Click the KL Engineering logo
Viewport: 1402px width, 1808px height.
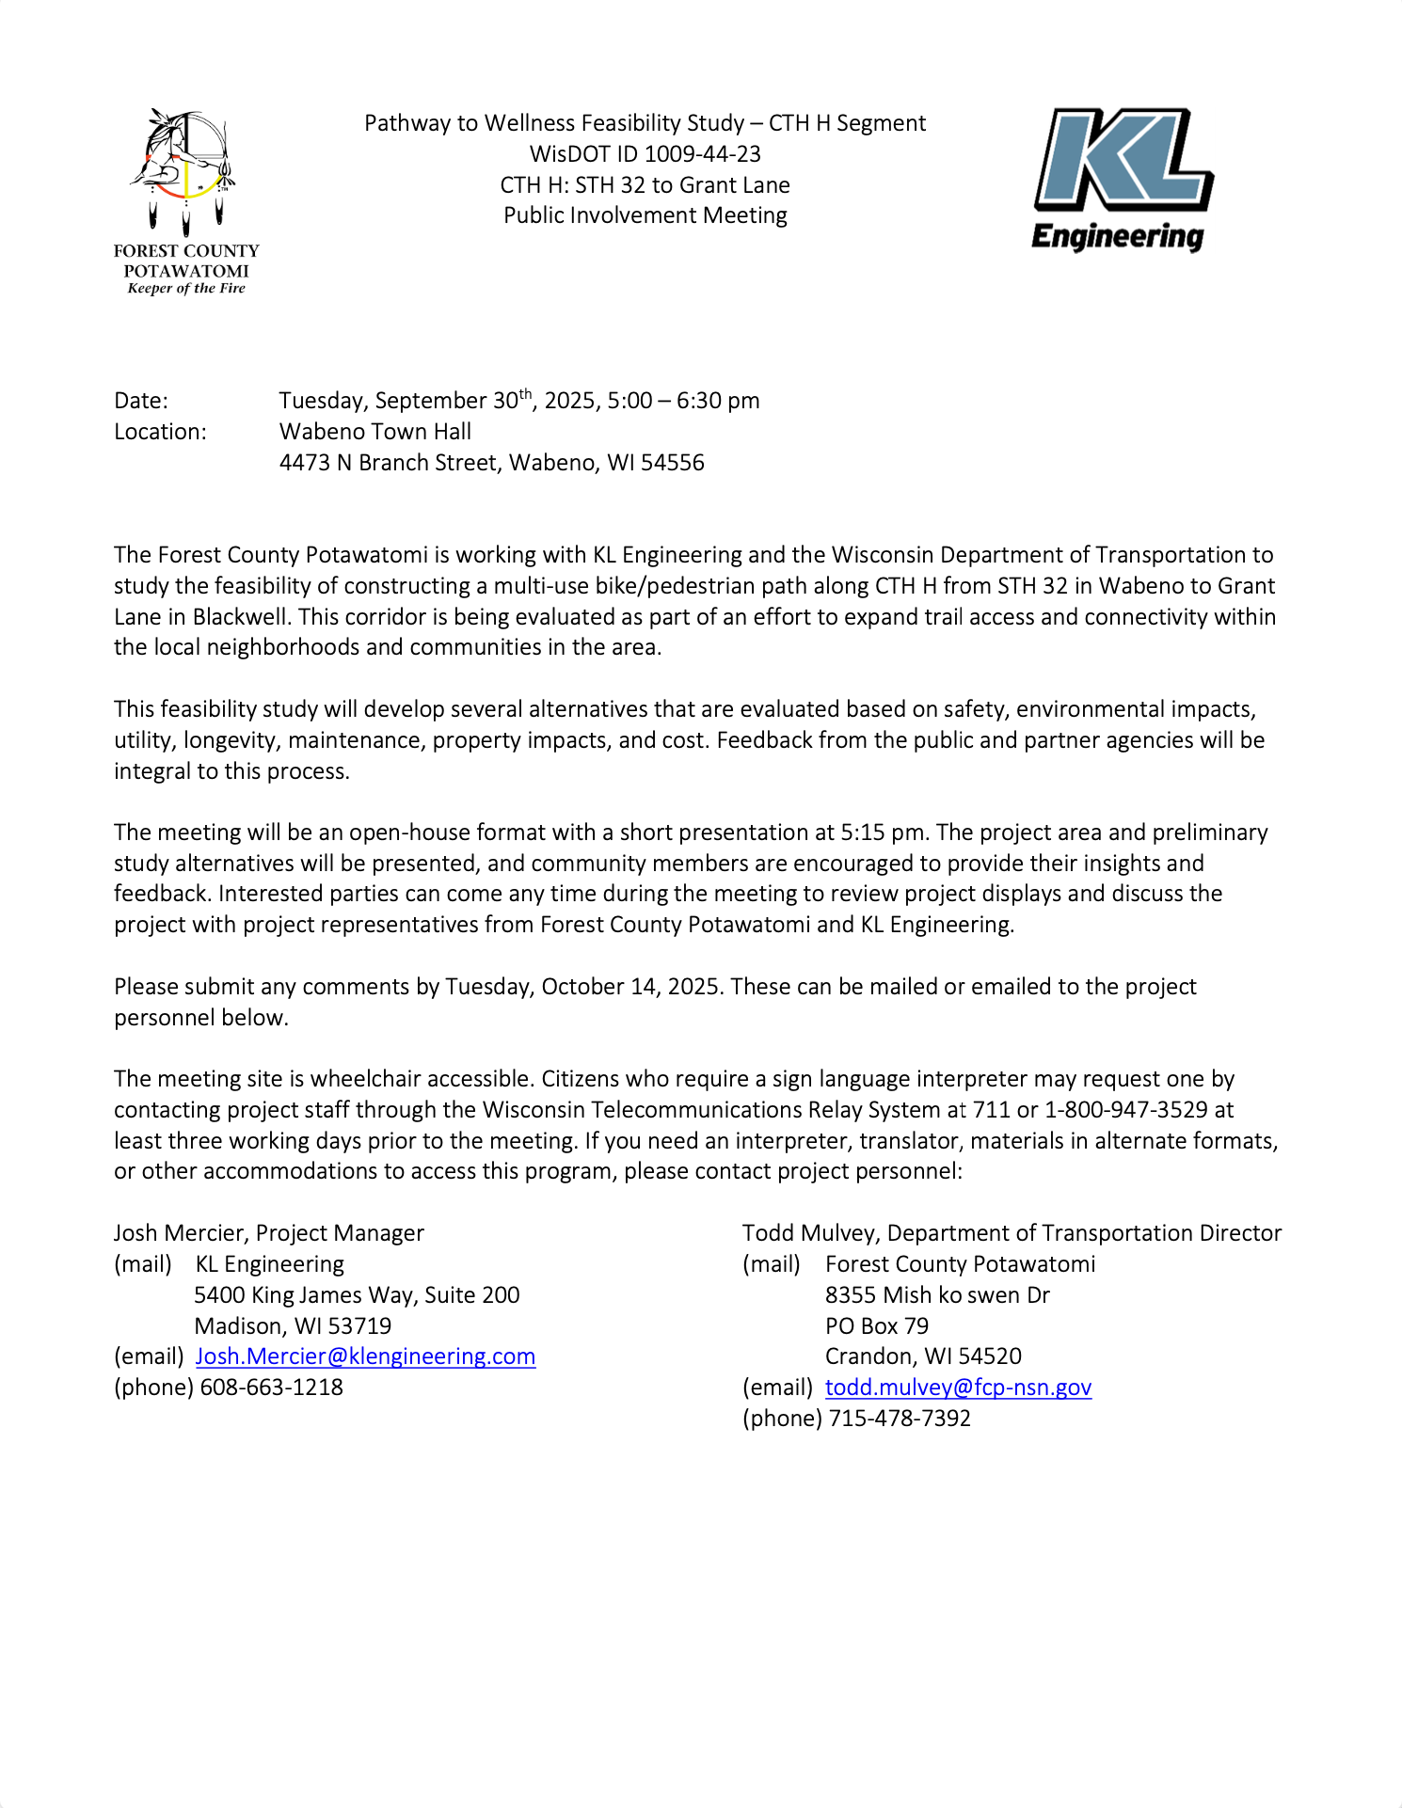[x=1122, y=179]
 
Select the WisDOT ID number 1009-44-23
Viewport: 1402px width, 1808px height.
[x=702, y=154]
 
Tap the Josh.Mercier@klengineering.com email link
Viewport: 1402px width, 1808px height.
[x=365, y=1356]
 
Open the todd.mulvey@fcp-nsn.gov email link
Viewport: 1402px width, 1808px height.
[x=958, y=1388]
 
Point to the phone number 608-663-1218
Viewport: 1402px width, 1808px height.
[x=271, y=1388]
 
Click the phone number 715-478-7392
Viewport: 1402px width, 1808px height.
[x=900, y=1419]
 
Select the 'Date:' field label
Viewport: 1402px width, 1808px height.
[x=141, y=401]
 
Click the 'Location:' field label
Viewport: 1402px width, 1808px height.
[x=160, y=432]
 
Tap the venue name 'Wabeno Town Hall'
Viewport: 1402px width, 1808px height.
[x=375, y=432]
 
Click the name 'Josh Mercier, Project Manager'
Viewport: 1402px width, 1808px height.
[x=269, y=1233]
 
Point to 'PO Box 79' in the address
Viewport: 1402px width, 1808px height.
[x=876, y=1326]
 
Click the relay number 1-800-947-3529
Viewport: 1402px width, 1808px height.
[x=1125, y=1110]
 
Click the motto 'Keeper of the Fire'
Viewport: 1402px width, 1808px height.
[x=186, y=289]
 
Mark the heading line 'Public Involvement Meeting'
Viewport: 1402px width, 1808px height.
[x=645, y=215]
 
